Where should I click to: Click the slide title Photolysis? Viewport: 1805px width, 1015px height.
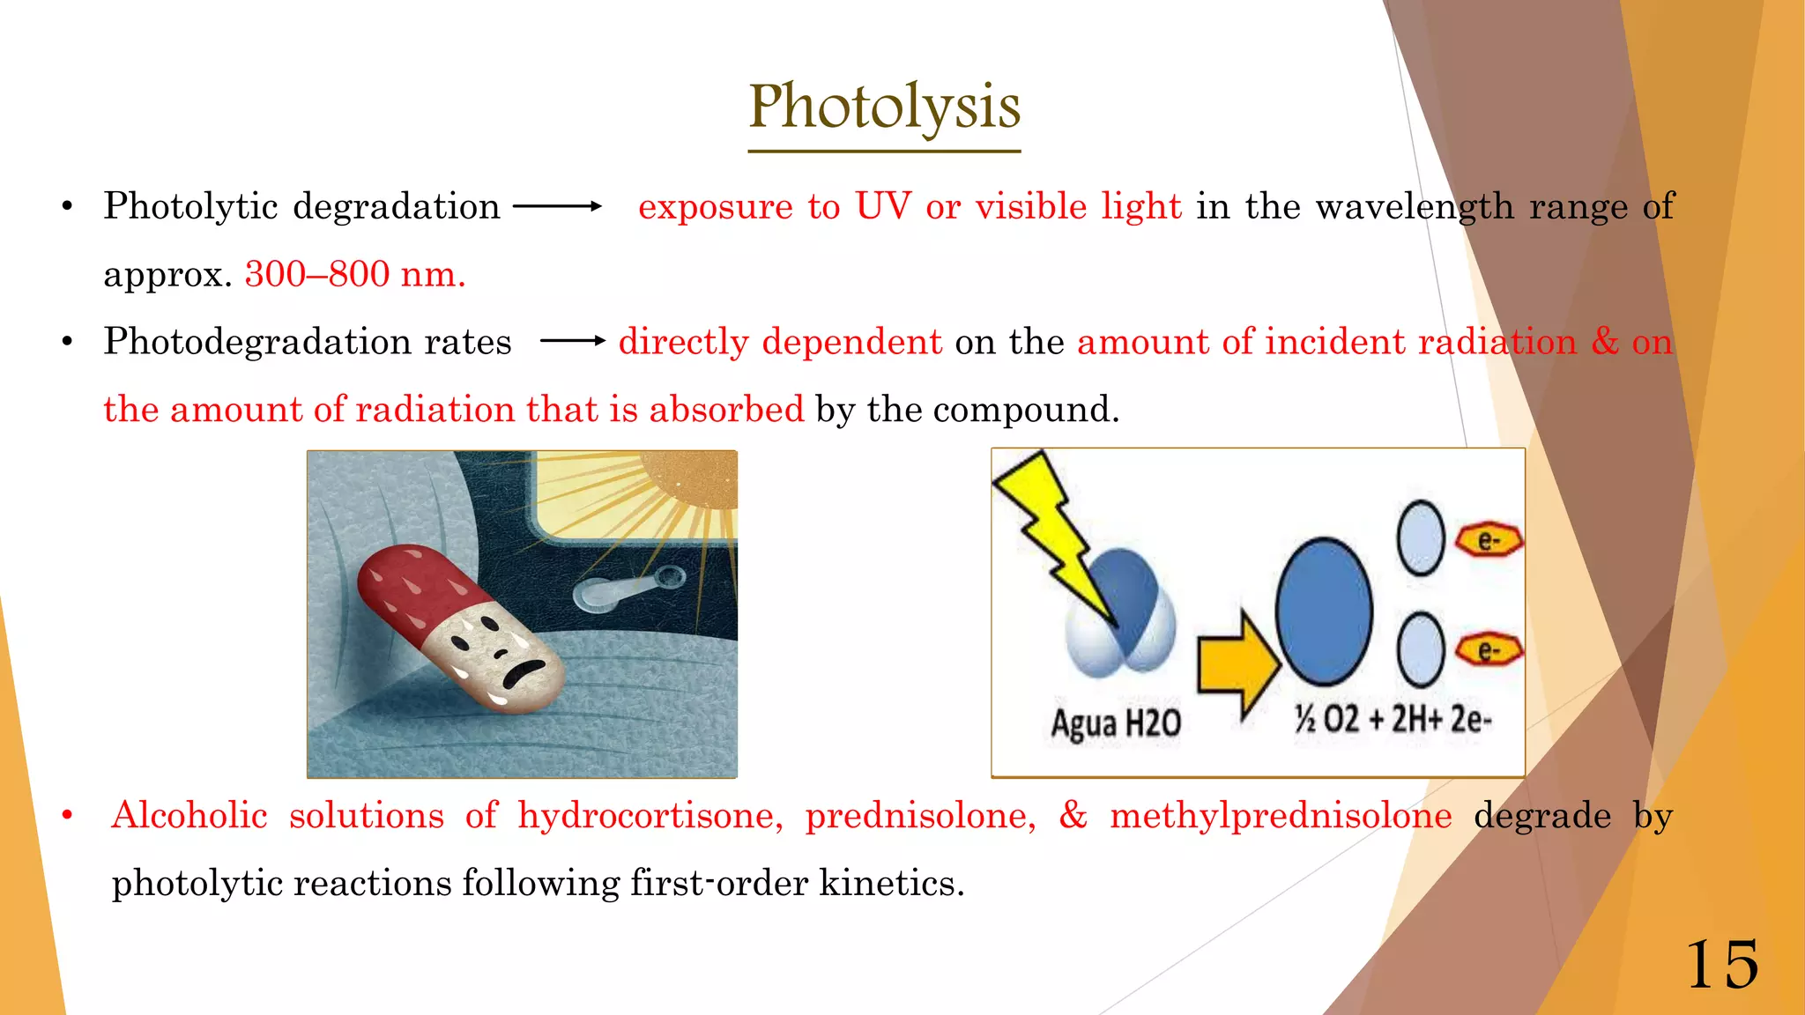[x=884, y=107]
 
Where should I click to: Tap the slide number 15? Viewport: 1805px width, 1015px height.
[x=1721, y=966]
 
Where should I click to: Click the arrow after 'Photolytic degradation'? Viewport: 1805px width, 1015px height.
[x=557, y=207]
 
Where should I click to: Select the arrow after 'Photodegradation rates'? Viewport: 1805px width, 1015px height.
[x=572, y=341]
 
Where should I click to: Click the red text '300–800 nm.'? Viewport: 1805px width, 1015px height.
[x=355, y=275]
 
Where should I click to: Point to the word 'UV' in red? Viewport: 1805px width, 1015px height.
[x=883, y=207]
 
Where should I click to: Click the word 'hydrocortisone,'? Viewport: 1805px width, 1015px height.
[x=650, y=816]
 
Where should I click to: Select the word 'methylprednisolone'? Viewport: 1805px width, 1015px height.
[x=1280, y=816]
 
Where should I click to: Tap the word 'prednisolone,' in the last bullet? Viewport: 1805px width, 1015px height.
[x=920, y=816]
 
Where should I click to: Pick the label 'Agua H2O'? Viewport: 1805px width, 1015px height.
[x=1115, y=723]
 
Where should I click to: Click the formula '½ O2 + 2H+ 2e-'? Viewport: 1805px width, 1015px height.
[x=1393, y=720]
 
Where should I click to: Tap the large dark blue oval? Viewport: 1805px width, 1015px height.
[x=1324, y=611]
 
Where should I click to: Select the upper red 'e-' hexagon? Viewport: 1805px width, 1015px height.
[x=1489, y=540]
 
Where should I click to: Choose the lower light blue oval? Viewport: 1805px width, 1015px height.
[x=1421, y=650]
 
